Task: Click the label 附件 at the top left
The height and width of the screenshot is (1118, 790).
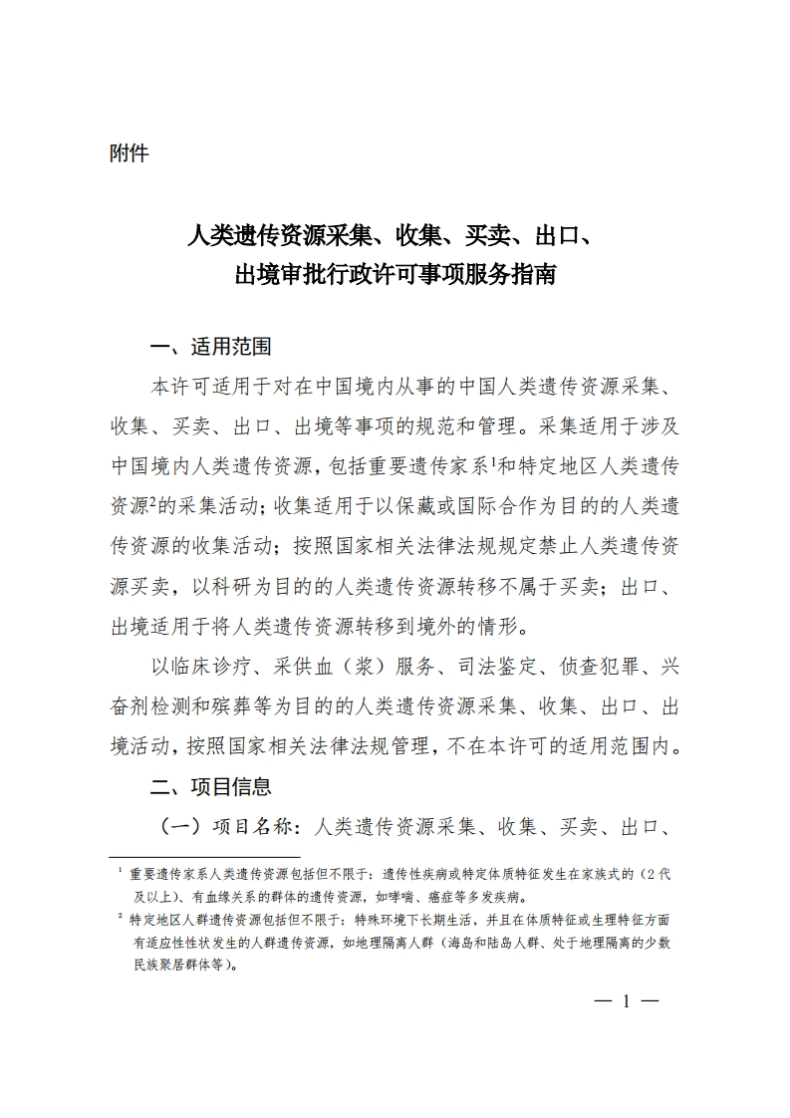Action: (x=129, y=154)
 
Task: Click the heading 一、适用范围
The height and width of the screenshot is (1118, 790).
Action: (x=210, y=348)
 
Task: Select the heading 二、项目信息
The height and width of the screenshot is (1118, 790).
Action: (x=210, y=787)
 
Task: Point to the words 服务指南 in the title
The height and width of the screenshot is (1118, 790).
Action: (x=513, y=274)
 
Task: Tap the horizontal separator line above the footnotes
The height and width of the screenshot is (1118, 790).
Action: (x=204, y=856)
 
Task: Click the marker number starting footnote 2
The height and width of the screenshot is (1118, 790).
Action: (x=120, y=915)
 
